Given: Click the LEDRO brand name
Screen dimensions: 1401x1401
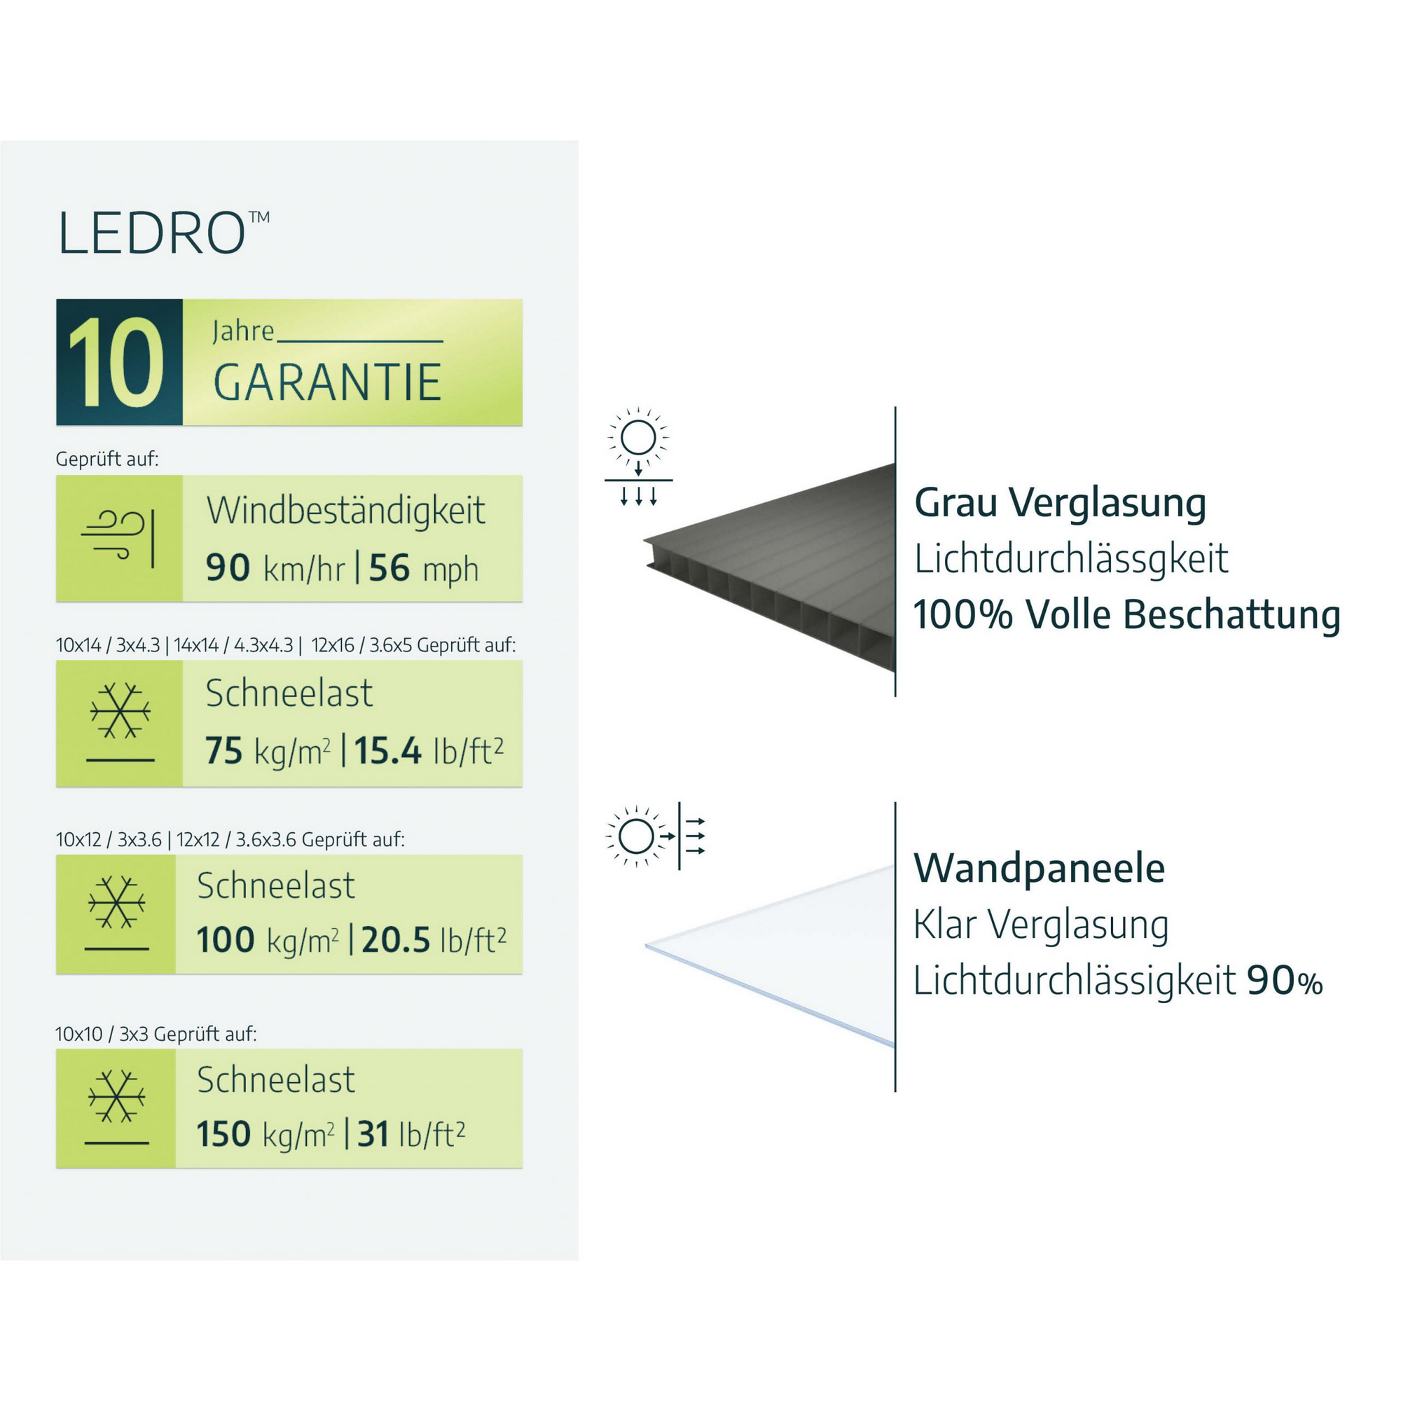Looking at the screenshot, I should click(152, 233).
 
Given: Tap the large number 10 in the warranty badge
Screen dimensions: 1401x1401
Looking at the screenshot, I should click(116, 363).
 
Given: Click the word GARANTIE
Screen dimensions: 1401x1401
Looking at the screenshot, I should click(327, 382).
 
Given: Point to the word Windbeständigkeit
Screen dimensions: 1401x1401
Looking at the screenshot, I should click(345, 511).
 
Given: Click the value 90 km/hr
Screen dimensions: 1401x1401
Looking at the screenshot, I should click(275, 568).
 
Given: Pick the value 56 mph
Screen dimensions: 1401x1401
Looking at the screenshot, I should click(424, 568).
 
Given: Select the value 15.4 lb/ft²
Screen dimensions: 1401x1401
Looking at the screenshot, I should click(428, 750).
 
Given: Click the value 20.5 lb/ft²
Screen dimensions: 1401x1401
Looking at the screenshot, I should click(433, 940).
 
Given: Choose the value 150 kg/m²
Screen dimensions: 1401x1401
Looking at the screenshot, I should click(265, 1134).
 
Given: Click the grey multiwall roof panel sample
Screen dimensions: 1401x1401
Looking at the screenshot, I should click(783, 573).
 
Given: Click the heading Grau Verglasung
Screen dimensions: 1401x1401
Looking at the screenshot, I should click(1059, 502).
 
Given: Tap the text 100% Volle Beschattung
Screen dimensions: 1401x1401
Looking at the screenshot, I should click(1126, 615).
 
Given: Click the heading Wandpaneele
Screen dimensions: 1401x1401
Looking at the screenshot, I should click(1038, 868).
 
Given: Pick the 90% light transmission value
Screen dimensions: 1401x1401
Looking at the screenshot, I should click(1284, 981).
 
